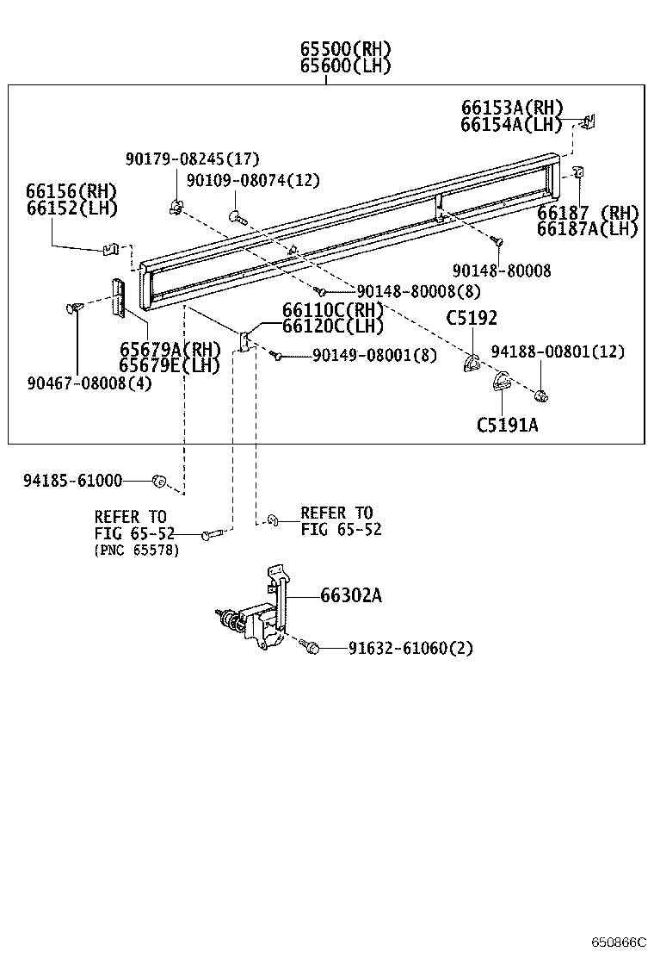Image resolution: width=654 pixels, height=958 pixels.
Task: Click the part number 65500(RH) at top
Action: click(345, 48)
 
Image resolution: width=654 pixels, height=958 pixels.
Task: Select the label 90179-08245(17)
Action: click(192, 159)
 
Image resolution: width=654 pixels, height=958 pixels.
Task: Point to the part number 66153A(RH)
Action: click(512, 108)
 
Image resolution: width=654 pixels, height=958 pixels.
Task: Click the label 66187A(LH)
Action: click(588, 228)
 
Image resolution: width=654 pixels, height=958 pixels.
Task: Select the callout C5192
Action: click(471, 318)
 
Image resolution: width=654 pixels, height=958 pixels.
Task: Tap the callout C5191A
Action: click(507, 424)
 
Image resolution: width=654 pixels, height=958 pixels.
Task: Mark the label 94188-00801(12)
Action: click(558, 351)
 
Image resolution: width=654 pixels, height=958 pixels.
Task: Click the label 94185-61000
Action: click(72, 480)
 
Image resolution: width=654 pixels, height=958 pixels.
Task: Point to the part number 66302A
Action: click(350, 595)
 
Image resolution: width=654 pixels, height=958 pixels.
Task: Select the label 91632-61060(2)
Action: click(410, 648)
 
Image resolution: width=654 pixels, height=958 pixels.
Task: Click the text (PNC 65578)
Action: click(137, 551)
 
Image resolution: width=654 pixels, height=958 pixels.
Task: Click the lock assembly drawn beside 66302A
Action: click(258, 616)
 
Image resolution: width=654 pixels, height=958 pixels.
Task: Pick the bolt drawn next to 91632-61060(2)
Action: click(311, 645)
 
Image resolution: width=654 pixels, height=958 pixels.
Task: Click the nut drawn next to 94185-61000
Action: click(158, 480)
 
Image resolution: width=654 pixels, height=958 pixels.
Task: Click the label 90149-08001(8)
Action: click(374, 355)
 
